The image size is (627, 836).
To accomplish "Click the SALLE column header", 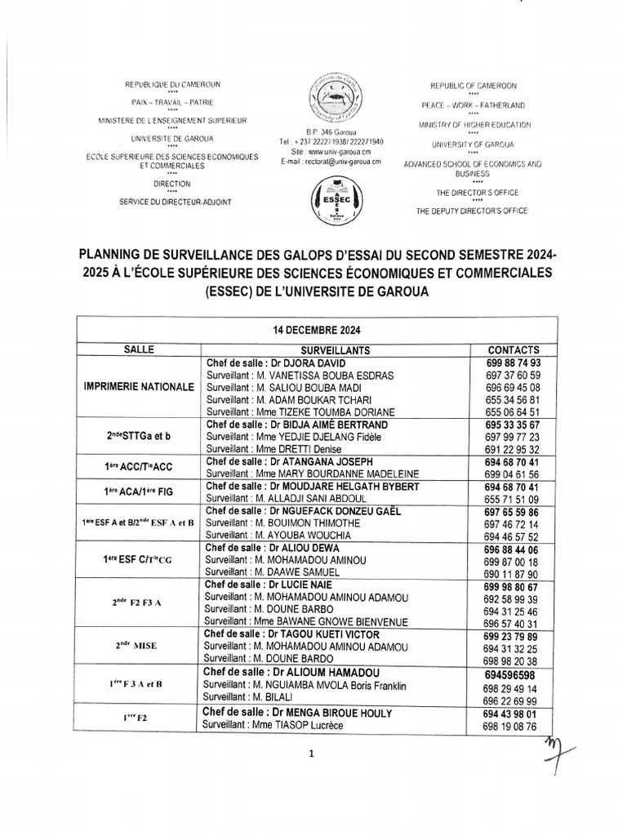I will pyautogui.click(x=139, y=349).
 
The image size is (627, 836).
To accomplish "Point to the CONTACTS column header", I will pyautogui.click(x=513, y=349).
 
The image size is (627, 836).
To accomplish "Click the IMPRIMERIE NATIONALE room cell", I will pyautogui.click(x=139, y=387).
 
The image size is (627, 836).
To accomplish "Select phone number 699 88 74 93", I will pyautogui.click(x=513, y=362).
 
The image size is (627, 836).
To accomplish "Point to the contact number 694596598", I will pyautogui.click(x=510, y=675).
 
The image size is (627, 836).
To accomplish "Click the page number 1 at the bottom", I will pyautogui.click(x=312, y=755).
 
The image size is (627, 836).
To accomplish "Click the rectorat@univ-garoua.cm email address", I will pyautogui.click(x=331, y=162).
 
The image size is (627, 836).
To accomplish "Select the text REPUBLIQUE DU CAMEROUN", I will pyautogui.click(x=171, y=84).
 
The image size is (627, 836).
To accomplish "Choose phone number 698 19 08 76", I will pyautogui.click(x=510, y=726).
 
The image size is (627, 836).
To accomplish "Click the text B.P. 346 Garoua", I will pyautogui.click(x=331, y=131).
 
